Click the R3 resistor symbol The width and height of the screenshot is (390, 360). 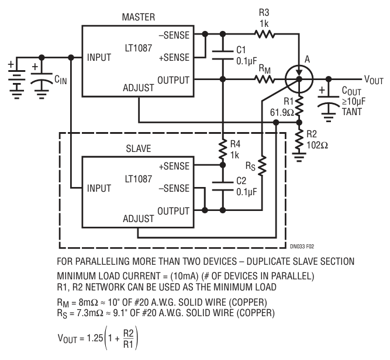click(264, 34)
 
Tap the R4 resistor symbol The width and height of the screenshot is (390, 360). click(223, 150)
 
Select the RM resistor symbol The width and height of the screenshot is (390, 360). click(264, 79)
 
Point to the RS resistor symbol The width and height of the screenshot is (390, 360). click(262, 166)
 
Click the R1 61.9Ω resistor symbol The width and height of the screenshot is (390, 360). click(299, 106)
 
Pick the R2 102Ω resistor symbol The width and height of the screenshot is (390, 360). click(299, 140)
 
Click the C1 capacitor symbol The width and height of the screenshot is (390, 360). click(223, 56)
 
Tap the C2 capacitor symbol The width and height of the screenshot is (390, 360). click(223, 186)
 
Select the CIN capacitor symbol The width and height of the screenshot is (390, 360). click(42, 78)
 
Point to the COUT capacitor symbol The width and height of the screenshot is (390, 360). click(329, 101)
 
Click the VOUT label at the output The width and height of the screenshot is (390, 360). click(374, 80)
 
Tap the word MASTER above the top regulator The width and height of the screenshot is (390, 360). click(139, 17)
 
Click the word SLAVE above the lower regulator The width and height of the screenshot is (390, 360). click(139, 148)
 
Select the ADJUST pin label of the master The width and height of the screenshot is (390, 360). click(139, 88)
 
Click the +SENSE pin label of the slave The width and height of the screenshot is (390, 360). click(174, 166)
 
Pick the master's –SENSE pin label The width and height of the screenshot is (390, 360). click(174, 35)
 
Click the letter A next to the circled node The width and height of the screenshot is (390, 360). click(308, 60)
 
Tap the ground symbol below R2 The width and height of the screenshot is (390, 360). click(299, 157)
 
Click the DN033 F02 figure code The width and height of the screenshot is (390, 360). click(302, 247)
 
